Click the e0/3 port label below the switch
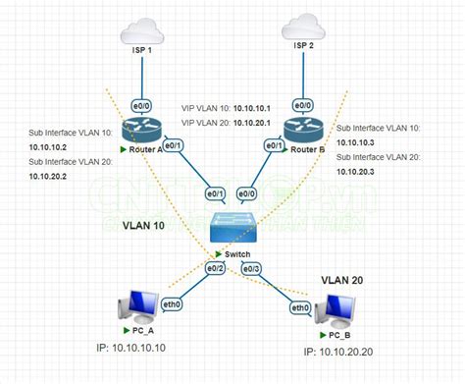coord(252,266)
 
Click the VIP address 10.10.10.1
coord(252,108)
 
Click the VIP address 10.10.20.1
coord(252,123)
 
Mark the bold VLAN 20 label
coord(343,280)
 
